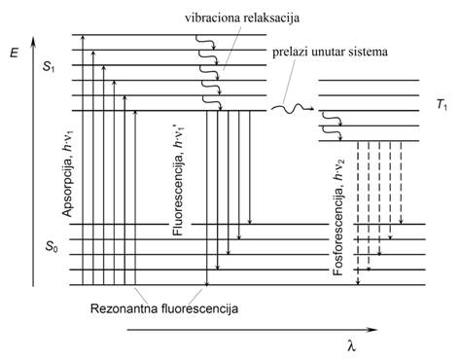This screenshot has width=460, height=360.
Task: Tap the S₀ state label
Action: click(x=52, y=247)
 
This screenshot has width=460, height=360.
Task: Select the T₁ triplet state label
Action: click(x=442, y=105)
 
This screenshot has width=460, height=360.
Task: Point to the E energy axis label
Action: click(x=15, y=52)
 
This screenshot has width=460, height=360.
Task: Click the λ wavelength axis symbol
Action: click(x=351, y=346)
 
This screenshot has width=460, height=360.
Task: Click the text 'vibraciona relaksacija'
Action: click(x=242, y=18)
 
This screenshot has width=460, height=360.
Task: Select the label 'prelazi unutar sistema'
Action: click(x=330, y=52)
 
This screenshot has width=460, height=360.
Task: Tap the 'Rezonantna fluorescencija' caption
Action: click(x=164, y=308)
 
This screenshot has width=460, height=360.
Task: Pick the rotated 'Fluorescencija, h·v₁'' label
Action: click(x=179, y=178)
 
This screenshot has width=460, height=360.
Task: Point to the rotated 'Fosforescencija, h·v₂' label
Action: click(x=338, y=218)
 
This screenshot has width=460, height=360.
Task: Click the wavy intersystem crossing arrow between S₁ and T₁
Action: click(x=293, y=109)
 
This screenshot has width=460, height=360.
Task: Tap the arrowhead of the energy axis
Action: click(x=33, y=41)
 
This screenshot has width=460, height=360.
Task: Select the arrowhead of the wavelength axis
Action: click(x=372, y=330)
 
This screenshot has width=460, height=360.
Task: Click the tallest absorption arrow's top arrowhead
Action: click(x=83, y=37)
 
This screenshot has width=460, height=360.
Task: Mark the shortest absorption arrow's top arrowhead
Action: click(x=135, y=113)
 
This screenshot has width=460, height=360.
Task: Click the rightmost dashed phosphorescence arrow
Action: click(x=401, y=183)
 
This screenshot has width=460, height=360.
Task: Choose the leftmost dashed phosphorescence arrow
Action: click(x=358, y=213)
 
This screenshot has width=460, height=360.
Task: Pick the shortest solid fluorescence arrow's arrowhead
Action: click(x=250, y=222)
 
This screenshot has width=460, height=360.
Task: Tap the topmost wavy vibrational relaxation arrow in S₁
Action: click(x=205, y=42)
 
